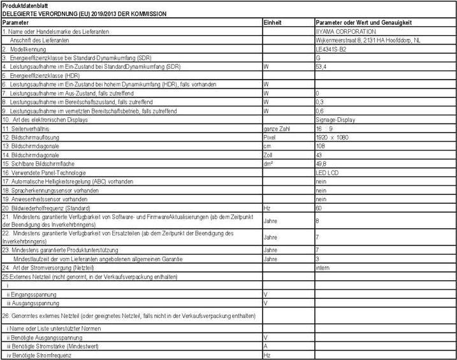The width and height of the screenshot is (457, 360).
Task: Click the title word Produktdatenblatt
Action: click(25, 6)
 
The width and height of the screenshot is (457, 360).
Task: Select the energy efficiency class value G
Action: click(318, 57)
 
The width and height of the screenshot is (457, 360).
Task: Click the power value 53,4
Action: click(322, 66)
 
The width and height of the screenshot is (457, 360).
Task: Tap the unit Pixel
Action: click(270, 137)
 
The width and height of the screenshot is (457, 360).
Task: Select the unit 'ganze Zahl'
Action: click(277, 128)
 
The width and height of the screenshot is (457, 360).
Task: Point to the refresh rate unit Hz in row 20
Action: click(267, 208)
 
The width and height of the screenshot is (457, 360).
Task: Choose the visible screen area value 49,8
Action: click(322, 164)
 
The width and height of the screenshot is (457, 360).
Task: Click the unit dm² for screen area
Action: click(268, 164)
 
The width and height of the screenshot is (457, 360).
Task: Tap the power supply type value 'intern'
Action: click(323, 268)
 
